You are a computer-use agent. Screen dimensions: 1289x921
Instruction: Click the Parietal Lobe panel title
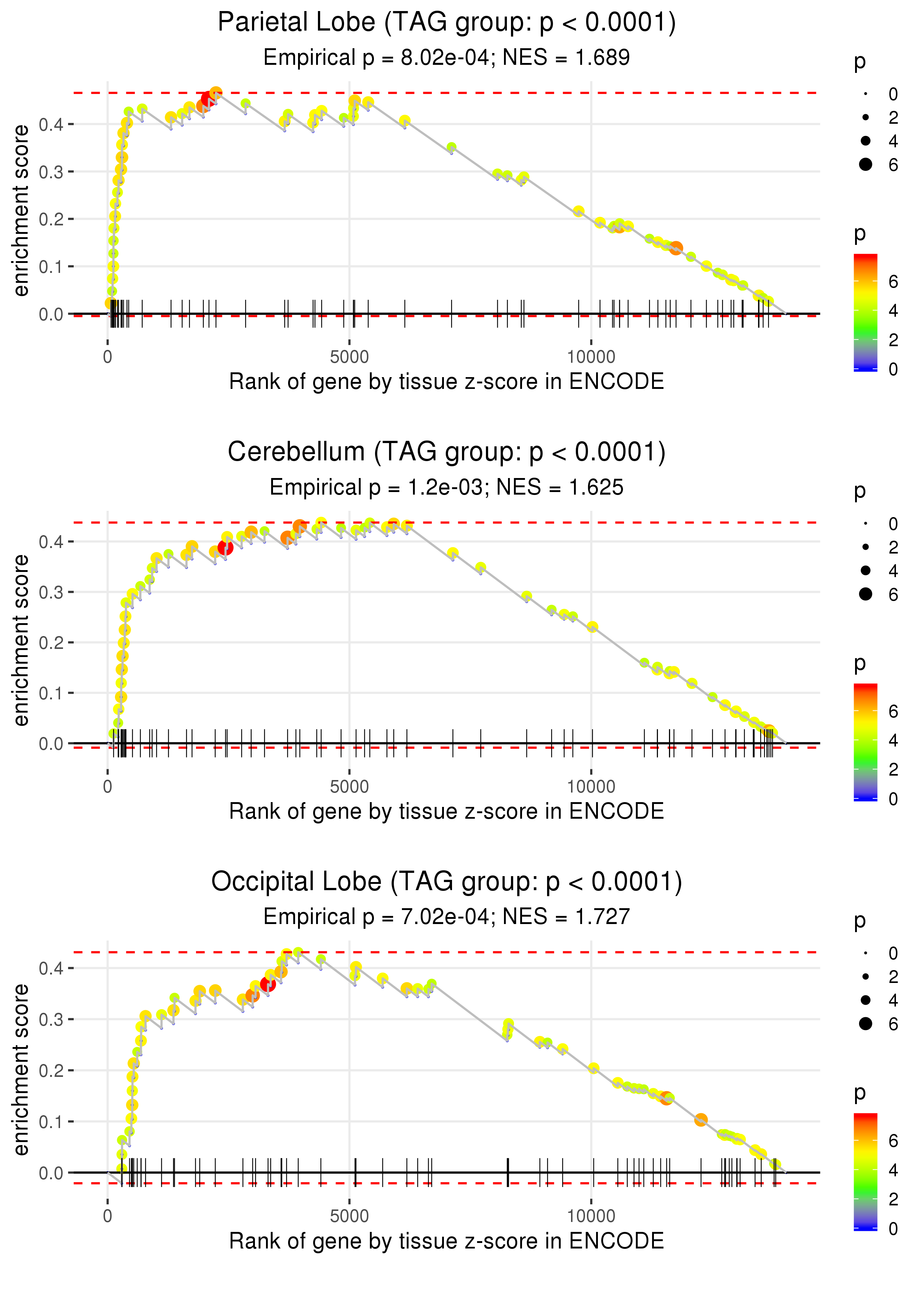coord(447,23)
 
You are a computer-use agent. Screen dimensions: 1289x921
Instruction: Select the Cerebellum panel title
coord(447,452)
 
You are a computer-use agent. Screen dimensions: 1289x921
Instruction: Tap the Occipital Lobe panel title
coord(447,882)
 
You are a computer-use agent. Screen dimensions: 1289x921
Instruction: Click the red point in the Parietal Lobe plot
coord(207,100)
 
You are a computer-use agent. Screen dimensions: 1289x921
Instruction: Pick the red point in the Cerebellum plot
coord(225,548)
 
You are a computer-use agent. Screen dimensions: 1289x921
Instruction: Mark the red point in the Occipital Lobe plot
coord(268,984)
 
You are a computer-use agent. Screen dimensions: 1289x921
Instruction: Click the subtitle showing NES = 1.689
coord(447,58)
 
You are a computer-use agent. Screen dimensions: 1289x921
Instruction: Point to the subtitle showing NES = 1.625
coord(447,488)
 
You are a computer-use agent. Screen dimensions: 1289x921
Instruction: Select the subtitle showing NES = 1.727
coord(447,917)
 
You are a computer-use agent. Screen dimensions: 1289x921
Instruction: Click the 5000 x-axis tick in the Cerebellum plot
coord(349,787)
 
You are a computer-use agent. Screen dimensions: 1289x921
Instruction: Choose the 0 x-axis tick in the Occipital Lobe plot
coord(108,1216)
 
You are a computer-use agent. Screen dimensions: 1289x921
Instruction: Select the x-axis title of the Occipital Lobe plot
coord(447,1241)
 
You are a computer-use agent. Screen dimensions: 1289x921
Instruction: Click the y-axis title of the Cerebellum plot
coord(21,640)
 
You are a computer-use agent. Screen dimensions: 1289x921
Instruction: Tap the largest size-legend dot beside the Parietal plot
coord(865,164)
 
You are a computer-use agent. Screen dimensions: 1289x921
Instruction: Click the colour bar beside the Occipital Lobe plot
coord(865,1171)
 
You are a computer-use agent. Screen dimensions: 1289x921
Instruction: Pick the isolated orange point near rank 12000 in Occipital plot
coord(701,1120)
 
